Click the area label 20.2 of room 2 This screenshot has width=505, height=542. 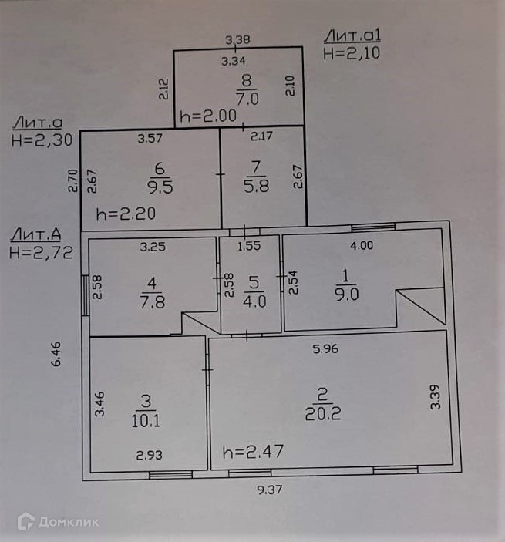pos(323,413)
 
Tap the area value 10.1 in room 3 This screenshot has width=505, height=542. pos(146,420)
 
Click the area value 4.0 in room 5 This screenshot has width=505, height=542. pos(254,301)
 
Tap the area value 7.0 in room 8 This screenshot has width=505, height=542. pos(246,98)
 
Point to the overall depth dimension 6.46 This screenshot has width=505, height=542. pos(56,355)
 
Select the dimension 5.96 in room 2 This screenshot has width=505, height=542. pos(327,348)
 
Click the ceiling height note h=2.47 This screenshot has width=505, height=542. pos(253,451)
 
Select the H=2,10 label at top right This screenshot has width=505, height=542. pos(352,53)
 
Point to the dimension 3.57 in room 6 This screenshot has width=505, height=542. pos(150,140)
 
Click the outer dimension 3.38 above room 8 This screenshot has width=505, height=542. pos(238,39)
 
